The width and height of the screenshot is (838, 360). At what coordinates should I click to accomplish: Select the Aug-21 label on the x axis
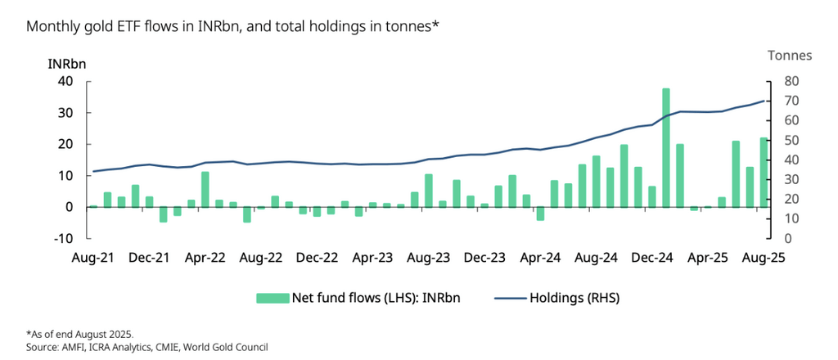[92, 258]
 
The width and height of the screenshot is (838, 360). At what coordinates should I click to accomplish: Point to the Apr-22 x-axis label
[205, 258]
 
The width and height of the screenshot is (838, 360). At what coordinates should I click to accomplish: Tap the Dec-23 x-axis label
[484, 258]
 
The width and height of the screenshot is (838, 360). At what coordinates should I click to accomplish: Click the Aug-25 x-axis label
[764, 258]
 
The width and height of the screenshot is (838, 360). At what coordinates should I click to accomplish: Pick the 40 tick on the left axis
[65, 81]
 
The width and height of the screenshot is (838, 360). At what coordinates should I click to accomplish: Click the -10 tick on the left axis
[64, 238]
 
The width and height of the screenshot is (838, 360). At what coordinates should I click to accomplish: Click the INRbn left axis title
[67, 63]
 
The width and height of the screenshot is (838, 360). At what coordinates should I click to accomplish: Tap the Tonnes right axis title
[789, 56]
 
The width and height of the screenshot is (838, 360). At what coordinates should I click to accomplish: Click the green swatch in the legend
[273, 298]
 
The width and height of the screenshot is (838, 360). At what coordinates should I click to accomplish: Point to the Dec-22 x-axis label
[317, 258]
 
